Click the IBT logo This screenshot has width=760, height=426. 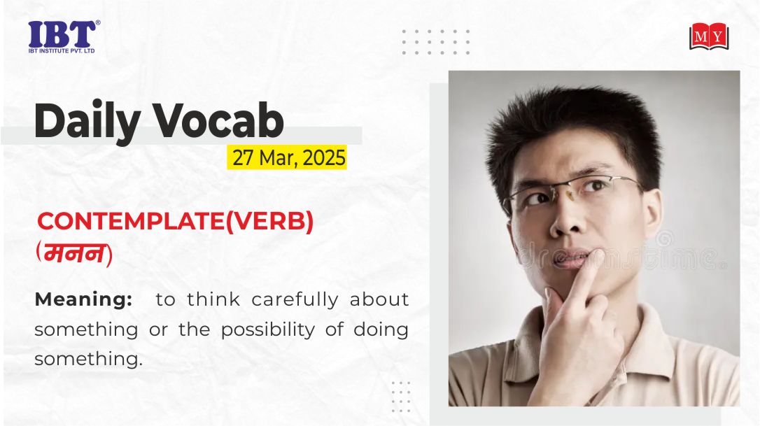click(x=64, y=36)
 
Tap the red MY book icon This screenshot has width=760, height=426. click(x=709, y=36)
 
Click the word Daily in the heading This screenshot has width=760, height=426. click(x=87, y=121)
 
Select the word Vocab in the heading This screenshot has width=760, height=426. click(x=218, y=120)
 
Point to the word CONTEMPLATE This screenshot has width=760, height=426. click(x=131, y=222)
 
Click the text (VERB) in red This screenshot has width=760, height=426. click(x=269, y=222)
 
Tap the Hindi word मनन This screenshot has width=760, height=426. click(x=74, y=254)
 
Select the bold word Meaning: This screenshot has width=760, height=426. click(x=83, y=299)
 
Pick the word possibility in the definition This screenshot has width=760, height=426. click(x=268, y=330)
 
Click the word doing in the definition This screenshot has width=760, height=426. click(x=381, y=330)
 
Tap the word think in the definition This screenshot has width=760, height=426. click(x=213, y=299)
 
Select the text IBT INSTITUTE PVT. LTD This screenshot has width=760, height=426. click(x=62, y=50)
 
